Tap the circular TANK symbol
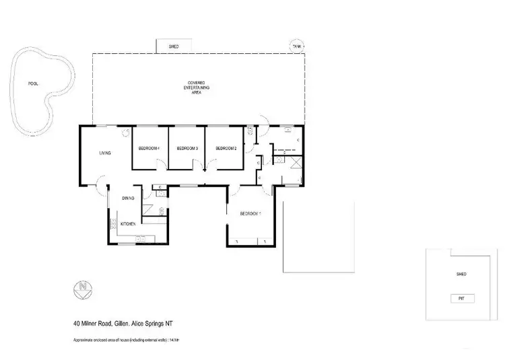[297, 46]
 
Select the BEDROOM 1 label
[250, 214]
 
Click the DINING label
[128, 198]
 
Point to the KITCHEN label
[129, 223]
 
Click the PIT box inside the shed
[461, 298]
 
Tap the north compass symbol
[83, 290]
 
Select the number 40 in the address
[77, 323]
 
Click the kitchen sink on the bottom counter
[141, 238]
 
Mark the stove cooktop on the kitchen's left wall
[113, 223]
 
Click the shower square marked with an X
[297, 164]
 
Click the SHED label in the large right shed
[461, 275]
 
